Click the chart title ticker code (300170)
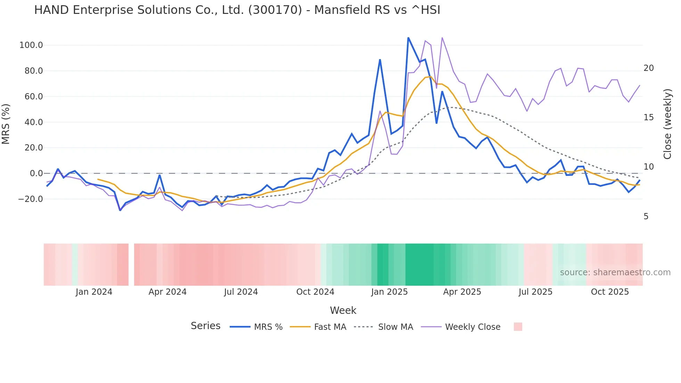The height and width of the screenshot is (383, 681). tap(275, 10)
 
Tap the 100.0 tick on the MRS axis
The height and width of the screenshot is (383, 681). tap(31, 45)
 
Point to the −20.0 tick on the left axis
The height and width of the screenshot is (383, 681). tap(31, 199)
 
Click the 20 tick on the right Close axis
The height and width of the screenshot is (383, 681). tap(648, 68)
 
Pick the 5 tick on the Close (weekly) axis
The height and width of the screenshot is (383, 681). tap(646, 217)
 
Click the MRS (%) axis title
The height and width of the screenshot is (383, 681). tap(6, 124)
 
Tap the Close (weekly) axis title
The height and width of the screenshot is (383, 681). tap(667, 124)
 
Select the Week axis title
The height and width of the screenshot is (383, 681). tap(343, 310)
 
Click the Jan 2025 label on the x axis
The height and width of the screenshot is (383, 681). tap(389, 292)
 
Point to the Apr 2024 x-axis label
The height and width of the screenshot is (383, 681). tap(167, 292)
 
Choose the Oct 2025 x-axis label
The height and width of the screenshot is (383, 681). tap(610, 292)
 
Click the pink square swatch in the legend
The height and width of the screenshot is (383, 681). tap(518, 327)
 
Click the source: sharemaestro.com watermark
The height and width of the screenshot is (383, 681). tap(615, 272)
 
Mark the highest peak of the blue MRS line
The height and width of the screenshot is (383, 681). tap(408, 38)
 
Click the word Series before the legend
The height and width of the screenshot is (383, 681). tap(205, 326)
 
